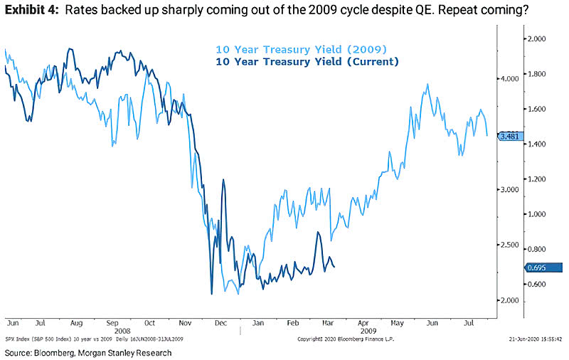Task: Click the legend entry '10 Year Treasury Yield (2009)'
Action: click(x=300, y=50)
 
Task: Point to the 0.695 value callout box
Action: click(x=538, y=267)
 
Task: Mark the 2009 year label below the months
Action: click(x=370, y=331)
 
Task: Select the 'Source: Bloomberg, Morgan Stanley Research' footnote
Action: click(x=87, y=352)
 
